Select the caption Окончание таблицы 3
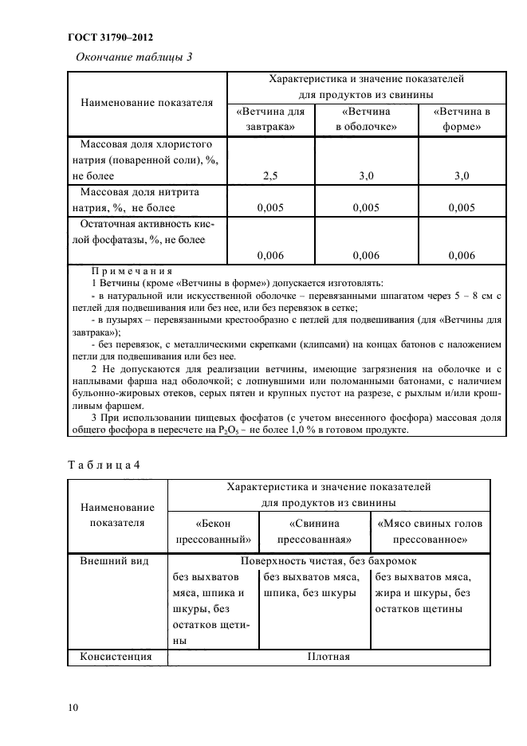click(133, 57)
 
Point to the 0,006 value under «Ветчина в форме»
click(462, 256)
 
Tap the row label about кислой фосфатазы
click(144, 232)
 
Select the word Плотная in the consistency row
click(328, 658)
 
